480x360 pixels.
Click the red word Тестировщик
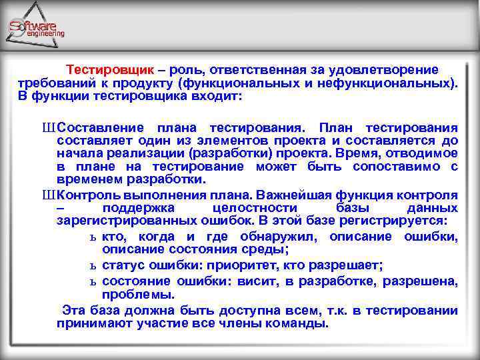110,69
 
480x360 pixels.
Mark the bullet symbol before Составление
49,127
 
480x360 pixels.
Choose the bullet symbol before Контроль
49,195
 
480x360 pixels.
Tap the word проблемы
138,294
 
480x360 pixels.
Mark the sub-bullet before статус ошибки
93,266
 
